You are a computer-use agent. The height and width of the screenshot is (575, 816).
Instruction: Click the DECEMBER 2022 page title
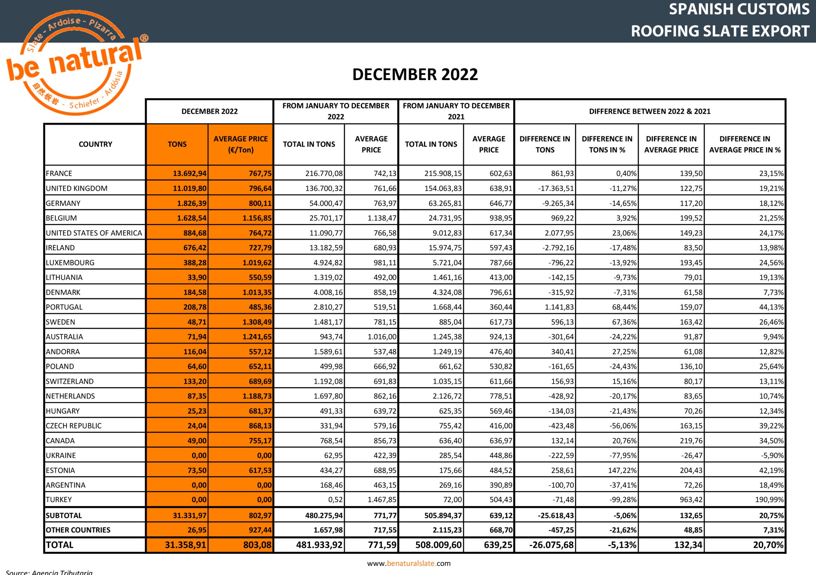(x=415, y=75)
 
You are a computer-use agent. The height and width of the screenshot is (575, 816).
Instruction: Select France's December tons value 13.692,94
(x=190, y=173)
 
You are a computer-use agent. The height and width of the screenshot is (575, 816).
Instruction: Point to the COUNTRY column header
(x=95, y=144)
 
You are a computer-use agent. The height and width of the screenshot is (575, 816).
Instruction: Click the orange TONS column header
(x=177, y=144)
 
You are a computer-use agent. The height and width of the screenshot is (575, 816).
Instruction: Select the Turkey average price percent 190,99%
(x=769, y=499)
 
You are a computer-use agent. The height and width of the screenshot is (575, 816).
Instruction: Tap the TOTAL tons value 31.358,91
(x=185, y=545)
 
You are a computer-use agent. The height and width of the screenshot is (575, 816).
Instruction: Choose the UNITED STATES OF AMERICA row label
(x=94, y=233)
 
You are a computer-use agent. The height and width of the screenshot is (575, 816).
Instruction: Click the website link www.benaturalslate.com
(x=409, y=563)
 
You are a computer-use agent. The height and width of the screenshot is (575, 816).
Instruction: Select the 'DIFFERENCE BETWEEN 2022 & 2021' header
(x=650, y=111)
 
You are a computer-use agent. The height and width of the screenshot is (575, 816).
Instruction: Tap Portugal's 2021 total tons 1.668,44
(x=447, y=307)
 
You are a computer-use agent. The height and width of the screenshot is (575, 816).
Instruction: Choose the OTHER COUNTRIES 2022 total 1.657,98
(x=328, y=530)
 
